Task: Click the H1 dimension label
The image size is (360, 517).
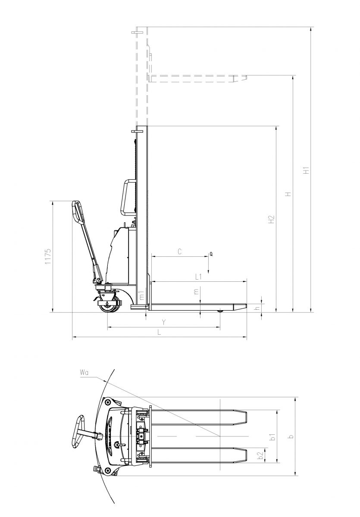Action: click(306, 170)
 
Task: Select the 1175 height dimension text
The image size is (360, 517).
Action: click(48, 256)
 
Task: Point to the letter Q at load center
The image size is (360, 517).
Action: click(211, 254)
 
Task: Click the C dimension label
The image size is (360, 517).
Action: click(180, 251)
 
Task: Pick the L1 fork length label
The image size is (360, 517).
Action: click(198, 277)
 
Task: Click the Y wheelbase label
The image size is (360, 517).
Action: click(163, 322)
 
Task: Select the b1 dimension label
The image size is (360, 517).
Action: click(273, 437)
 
